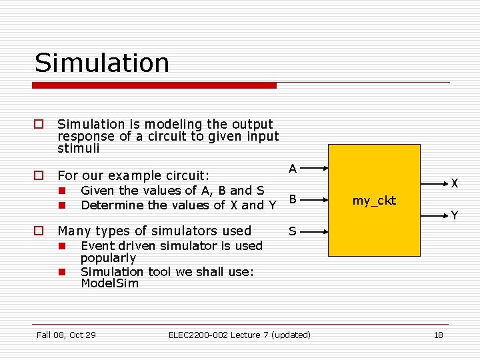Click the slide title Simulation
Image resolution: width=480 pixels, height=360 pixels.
(102, 63)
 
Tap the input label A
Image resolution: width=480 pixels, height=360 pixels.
(293, 169)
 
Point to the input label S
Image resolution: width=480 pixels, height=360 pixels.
(293, 231)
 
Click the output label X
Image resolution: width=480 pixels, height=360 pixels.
(454, 183)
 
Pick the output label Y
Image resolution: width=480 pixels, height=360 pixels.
(454, 215)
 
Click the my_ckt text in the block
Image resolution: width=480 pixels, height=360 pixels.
(374, 200)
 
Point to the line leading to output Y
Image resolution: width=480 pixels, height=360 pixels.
(433, 209)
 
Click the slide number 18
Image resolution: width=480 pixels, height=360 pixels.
(438, 335)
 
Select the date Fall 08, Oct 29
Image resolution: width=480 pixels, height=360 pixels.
(66, 335)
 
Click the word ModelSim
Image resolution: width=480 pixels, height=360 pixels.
(109, 283)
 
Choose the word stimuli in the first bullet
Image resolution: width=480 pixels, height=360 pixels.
(79, 148)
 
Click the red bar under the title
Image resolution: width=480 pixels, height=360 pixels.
(155, 85)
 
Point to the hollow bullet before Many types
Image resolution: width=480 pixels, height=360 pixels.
(39, 231)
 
